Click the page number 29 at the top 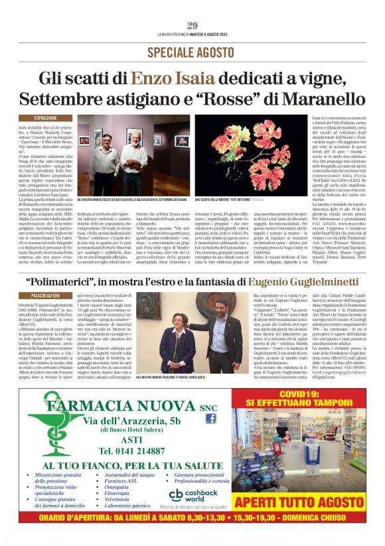point(192,26)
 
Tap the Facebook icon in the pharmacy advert point(210,418)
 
